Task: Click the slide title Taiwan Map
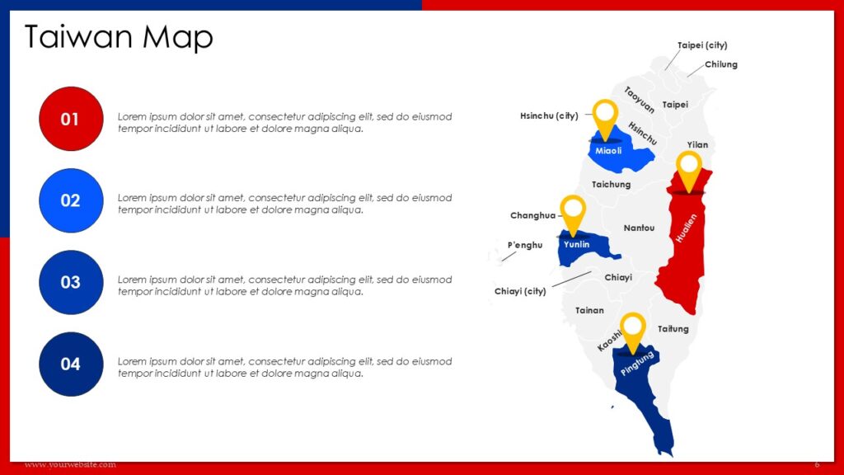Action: pyautogui.click(x=119, y=37)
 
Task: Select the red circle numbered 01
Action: pyautogui.click(x=71, y=119)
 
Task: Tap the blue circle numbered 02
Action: pyautogui.click(x=71, y=200)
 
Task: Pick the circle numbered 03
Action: pyautogui.click(x=71, y=282)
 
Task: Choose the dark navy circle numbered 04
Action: pyautogui.click(x=71, y=364)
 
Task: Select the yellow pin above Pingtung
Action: pyautogui.click(x=632, y=329)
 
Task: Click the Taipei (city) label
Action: pyautogui.click(x=702, y=45)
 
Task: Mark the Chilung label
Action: pyautogui.click(x=721, y=64)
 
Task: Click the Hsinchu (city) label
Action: pyautogui.click(x=549, y=116)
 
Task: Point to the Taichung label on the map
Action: pyautogui.click(x=611, y=185)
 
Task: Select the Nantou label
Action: pyautogui.click(x=639, y=228)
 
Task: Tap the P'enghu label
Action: pyautogui.click(x=525, y=245)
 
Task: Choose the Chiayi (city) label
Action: pyautogui.click(x=520, y=291)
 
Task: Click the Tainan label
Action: pyautogui.click(x=589, y=311)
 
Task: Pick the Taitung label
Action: pyautogui.click(x=673, y=329)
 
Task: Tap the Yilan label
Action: pyautogui.click(x=697, y=145)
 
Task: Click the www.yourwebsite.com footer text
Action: pyautogui.click(x=70, y=465)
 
